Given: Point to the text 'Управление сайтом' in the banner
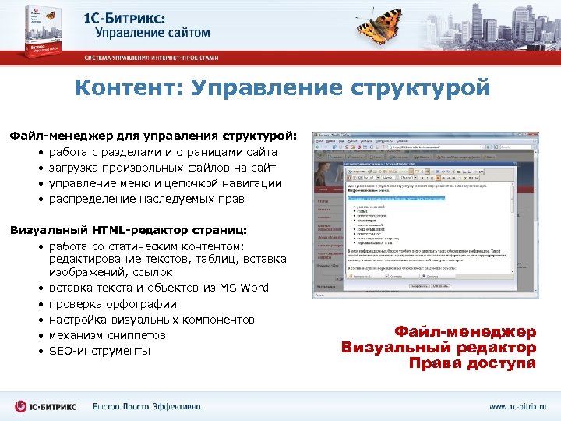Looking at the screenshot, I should click(x=153, y=34).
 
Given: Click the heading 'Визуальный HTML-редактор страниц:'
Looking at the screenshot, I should click(x=127, y=230).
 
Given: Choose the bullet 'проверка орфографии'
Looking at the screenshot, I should click(x=113, y=304).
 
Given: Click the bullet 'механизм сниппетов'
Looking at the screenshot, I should click(x=108, y=335).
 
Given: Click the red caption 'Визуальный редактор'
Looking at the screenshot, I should click(x=439, y=348).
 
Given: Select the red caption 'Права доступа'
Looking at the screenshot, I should click(x=472, y=363).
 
